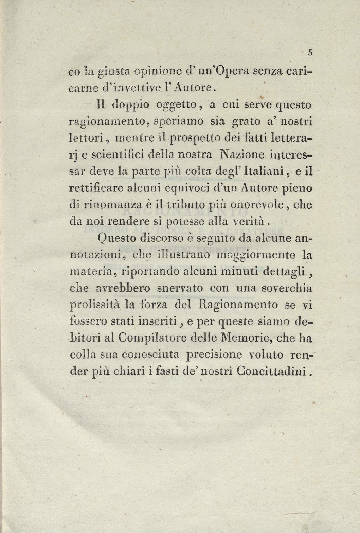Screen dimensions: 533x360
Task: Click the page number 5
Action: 310,52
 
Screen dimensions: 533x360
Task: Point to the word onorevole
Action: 252,205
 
